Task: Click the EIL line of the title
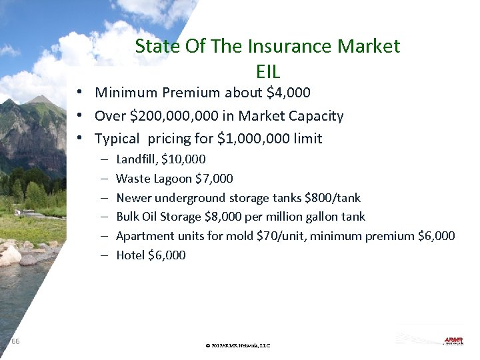[x=268, y=71]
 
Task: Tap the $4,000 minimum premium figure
[x=288, y=93]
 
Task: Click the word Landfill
[x=136, y=159]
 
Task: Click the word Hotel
[x=130, y=255]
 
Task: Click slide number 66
[x=15, y=341]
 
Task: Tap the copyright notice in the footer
[x=238, y=345]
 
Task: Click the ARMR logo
[x=453, y=341]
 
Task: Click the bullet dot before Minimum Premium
[x=79, y=93]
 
